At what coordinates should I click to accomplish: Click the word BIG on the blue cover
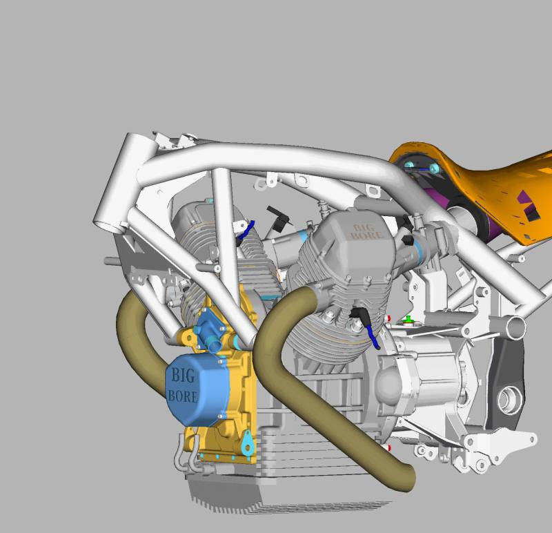tap(183, 375)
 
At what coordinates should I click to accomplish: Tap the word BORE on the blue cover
tap(182, 396)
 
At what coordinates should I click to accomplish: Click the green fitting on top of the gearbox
tap(408, 320)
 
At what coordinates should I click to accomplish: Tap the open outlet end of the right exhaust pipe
tap(408, 478)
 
